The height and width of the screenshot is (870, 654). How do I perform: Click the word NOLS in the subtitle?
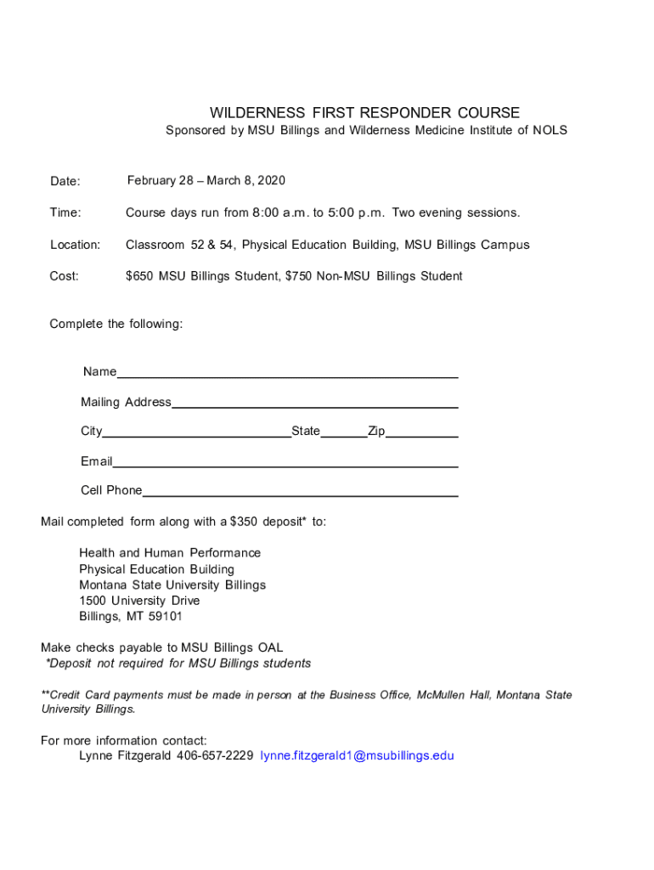(x=550, y=131)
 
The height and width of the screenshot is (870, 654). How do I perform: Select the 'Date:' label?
(x=65, y=181)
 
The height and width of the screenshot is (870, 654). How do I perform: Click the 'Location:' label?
(x=75, y=245)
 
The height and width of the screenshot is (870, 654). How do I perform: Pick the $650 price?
(x=140, y=276)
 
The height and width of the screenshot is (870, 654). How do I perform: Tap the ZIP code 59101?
(x=165, y=617)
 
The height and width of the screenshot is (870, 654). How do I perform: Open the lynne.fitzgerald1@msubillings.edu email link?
(x=358, y=755)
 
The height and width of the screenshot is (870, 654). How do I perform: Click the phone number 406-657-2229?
(x=215, y=755)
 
